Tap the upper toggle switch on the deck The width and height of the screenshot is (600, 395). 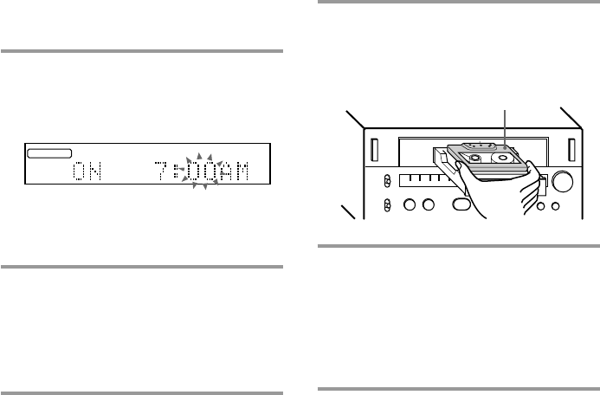tap(388, 180)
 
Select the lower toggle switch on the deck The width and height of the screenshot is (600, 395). tap(388, 206)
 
